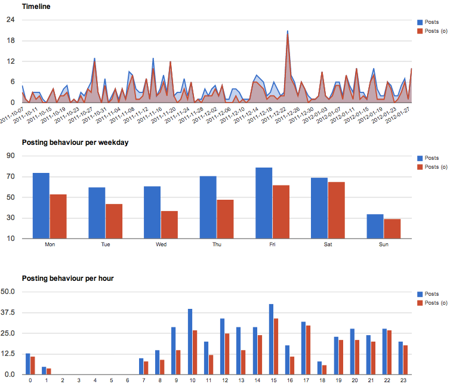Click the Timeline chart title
coord(36,7)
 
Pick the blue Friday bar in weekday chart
coord(263,203)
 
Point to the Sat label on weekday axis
coord(328,244)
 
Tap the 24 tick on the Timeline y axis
coord(10,20)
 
